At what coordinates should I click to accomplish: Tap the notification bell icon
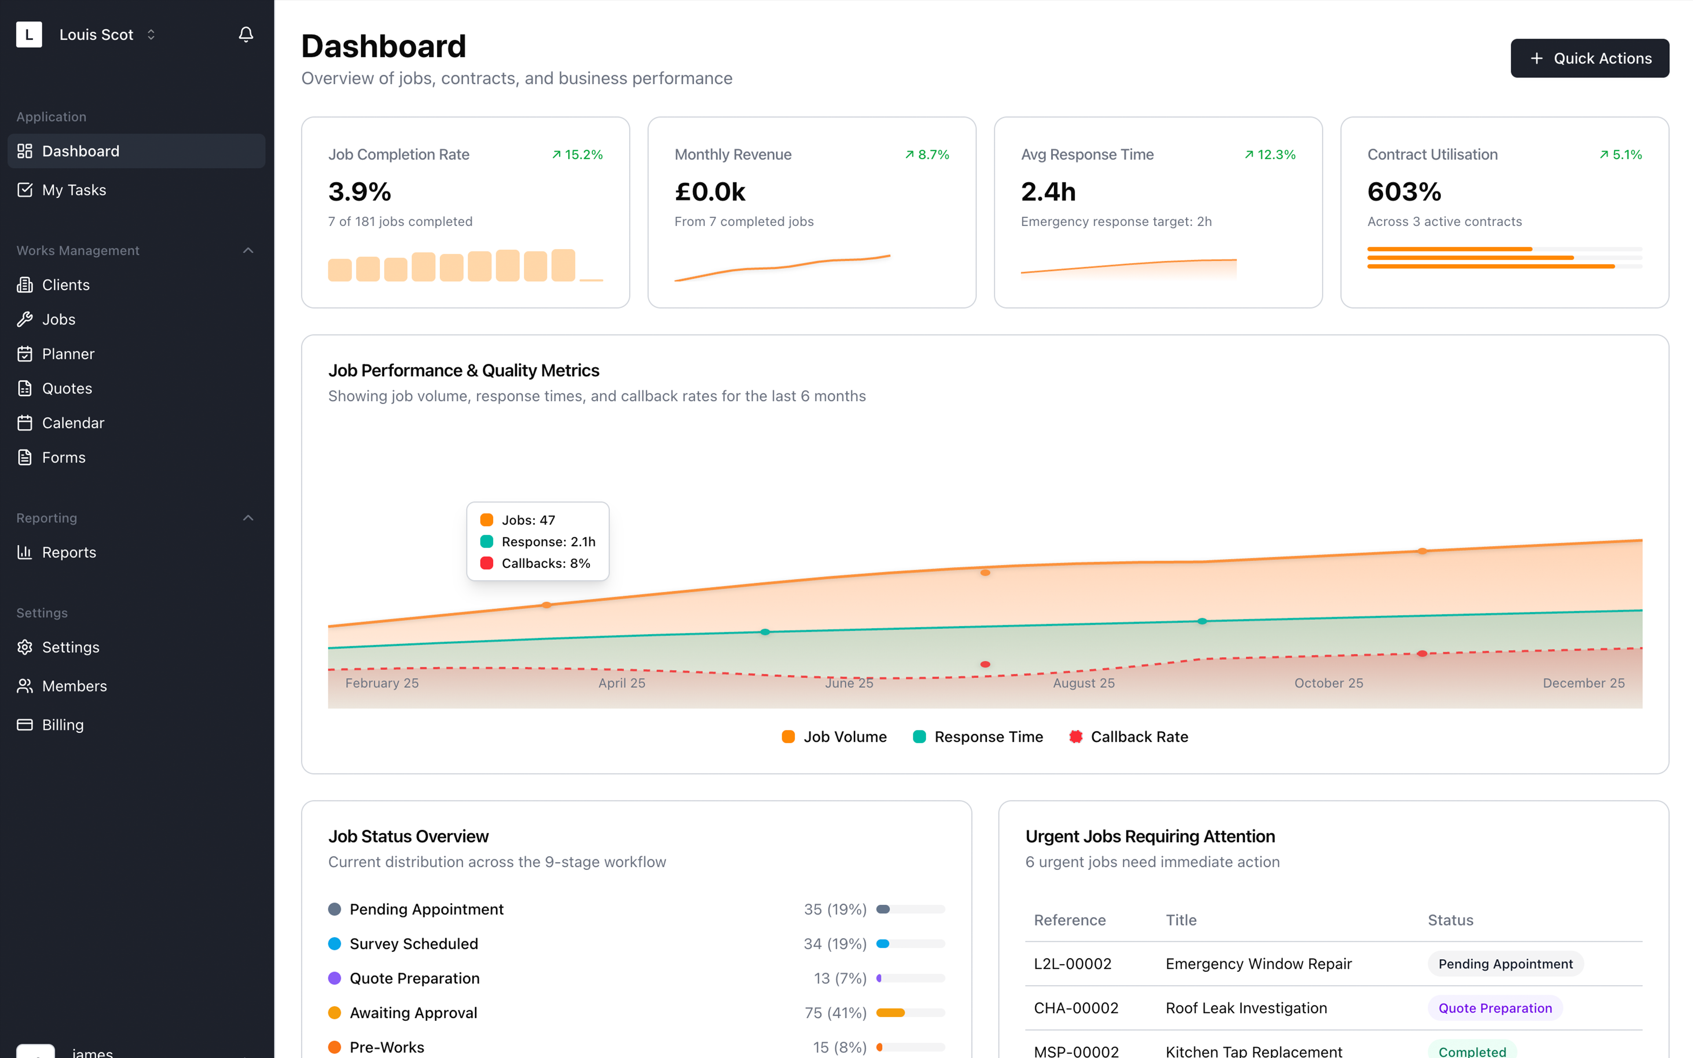[246, 34]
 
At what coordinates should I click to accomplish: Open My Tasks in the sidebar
[73, 189]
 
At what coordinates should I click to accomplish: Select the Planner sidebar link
[68, 353]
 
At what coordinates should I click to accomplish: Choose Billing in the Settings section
[63, 724]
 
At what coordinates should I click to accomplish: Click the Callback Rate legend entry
[1129, 736]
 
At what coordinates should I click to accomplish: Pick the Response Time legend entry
[978, 736]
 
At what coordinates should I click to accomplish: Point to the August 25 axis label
[1083, 683]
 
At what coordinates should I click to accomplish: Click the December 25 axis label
[1583, 683]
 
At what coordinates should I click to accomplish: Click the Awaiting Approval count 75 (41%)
[835, 1012]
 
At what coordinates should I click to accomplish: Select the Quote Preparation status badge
[1494, 1008]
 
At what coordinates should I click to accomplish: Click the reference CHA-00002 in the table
[1076, 1008]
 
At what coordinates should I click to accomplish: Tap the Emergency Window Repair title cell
[1258, 964]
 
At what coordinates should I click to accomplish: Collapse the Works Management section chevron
[248, 251]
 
